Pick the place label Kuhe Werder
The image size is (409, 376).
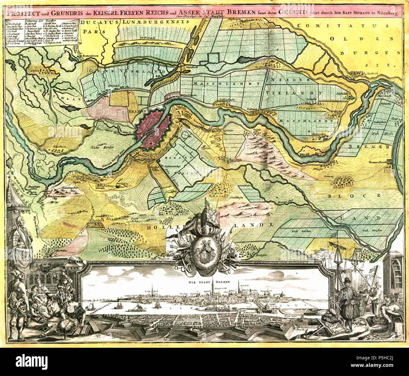99,147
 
